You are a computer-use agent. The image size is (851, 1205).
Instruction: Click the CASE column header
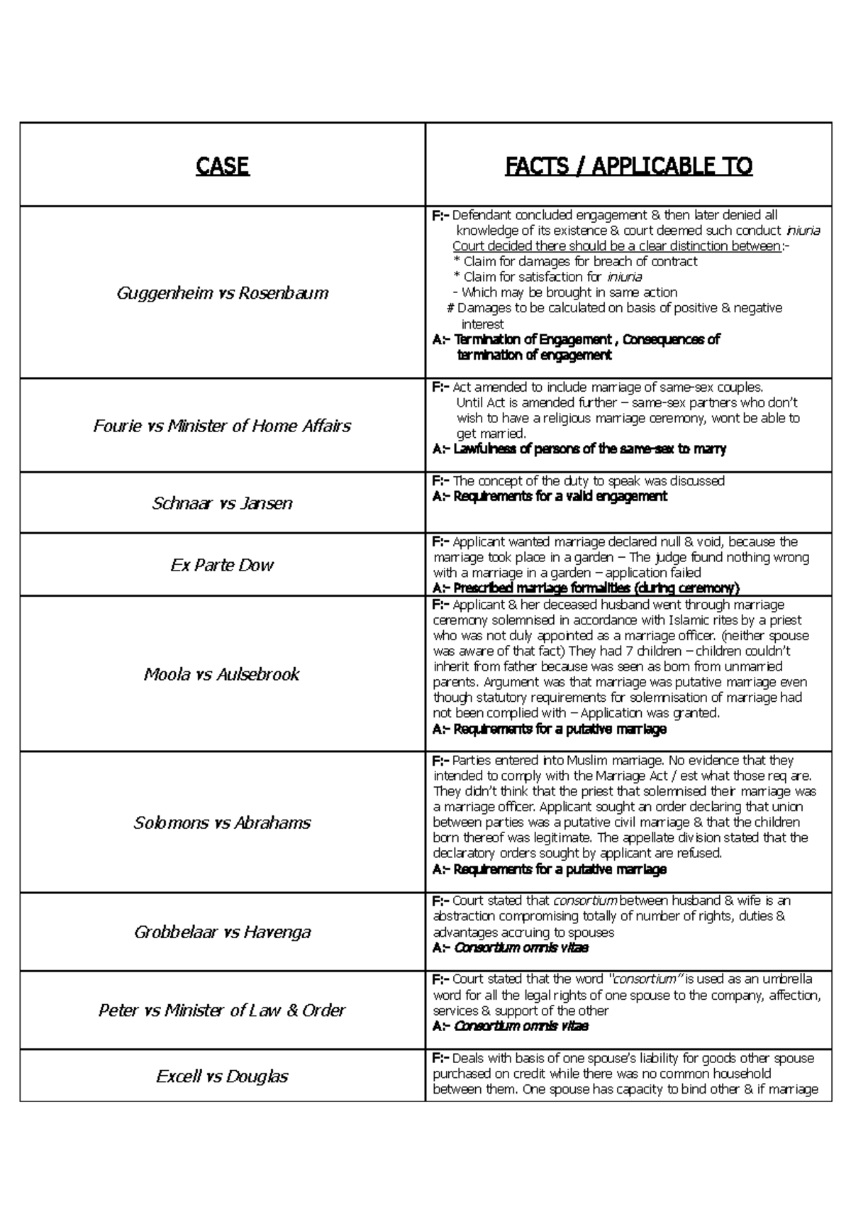tap(222, 166)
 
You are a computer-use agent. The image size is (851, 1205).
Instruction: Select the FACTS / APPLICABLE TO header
tap(628, 166)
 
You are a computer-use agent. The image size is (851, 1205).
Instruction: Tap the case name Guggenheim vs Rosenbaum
tap(222, 292)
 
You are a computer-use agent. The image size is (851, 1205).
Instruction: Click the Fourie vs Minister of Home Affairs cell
tap(222, 426)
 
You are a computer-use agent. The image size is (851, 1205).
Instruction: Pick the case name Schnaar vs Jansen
tap(222, 503)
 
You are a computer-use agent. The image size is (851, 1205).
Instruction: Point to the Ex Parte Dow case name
tap(222, 565)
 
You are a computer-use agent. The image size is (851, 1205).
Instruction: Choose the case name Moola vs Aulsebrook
tap(222, 673)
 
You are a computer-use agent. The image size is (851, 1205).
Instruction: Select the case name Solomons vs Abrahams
tap(222, 822)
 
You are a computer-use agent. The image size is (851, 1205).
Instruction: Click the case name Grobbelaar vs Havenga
tap(222, 932)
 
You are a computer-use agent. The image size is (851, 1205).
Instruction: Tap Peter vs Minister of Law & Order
tap(222, 1010)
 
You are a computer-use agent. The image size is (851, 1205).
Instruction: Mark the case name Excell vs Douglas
tap(222, 1076)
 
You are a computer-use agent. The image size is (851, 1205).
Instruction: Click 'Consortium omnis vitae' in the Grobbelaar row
tap(521, 947)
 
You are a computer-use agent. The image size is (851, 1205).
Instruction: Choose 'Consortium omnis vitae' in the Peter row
tap(521, 1025)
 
